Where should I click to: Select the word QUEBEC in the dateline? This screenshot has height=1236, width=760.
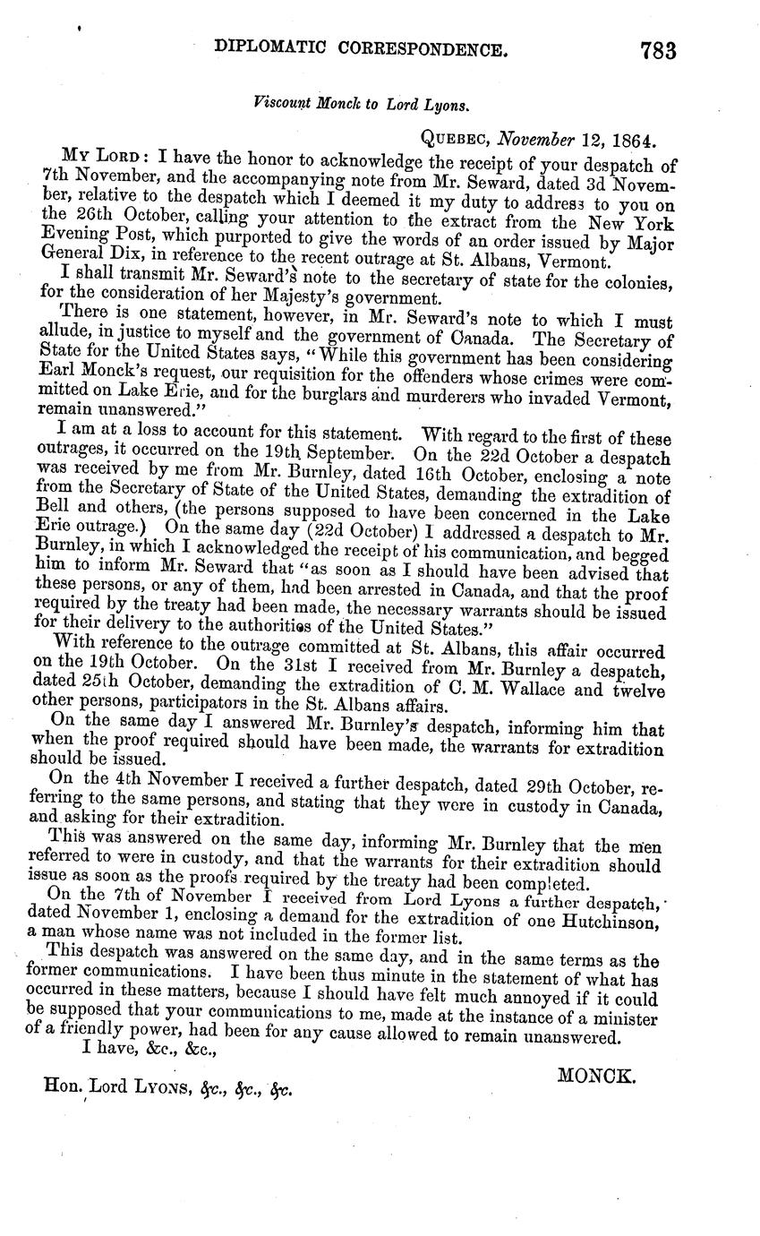[456, 141]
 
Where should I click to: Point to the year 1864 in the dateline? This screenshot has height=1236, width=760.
[633, 141]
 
